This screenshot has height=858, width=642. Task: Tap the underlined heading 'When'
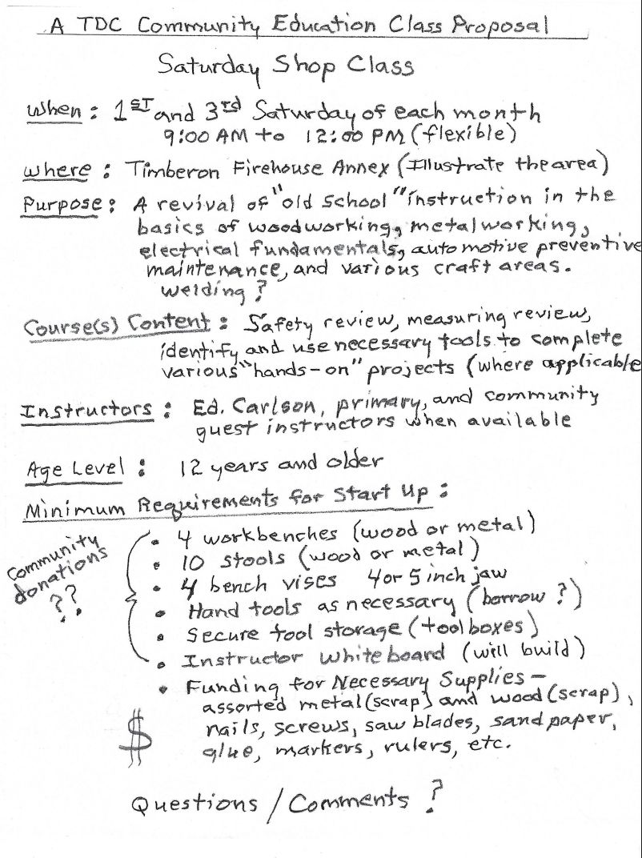coord(57,111)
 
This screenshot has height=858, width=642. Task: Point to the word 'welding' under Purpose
coord(193,288)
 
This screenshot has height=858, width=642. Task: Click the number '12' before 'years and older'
coord(193,464)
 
